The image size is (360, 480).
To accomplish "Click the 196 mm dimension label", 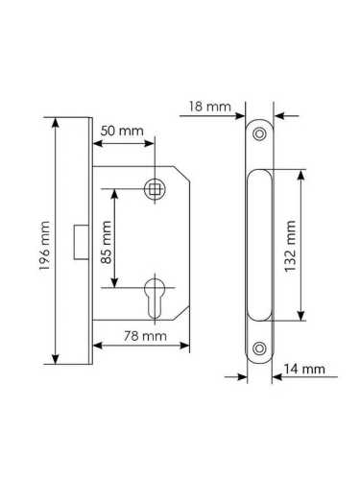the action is click(44, 246).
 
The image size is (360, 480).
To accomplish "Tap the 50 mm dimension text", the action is click(122, 131).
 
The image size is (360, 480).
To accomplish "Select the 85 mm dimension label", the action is click(107, 242).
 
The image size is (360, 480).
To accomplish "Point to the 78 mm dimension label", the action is click(145, 336).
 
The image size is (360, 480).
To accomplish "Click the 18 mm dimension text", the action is click(209, 107).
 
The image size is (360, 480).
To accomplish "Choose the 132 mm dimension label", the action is click(291, 246).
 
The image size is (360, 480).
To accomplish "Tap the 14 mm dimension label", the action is click(304, 369).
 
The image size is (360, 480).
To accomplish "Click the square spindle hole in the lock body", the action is click(155, 189).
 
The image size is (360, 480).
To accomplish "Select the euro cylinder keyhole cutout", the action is click(155, 299).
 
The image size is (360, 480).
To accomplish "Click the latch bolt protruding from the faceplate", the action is click(82, 242).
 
